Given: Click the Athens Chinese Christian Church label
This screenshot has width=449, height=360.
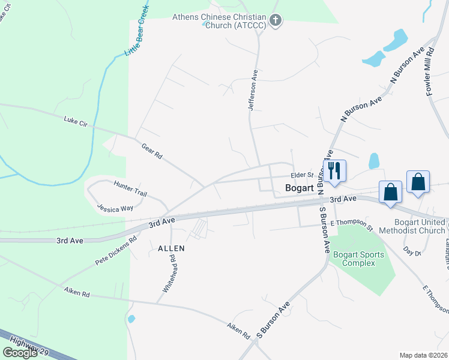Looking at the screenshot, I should point(219,21).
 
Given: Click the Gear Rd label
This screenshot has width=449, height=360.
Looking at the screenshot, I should point(152,151).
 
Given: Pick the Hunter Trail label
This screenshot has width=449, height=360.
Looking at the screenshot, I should point(130,189).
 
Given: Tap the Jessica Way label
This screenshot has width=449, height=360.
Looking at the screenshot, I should point(116,208).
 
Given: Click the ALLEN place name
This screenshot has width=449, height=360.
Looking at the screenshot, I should point(171,248).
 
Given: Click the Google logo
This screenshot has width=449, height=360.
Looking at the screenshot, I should point(20,353).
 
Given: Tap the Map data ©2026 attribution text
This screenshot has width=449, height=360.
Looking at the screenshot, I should point(424,355).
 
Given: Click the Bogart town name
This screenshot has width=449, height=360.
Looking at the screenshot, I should point(299,188).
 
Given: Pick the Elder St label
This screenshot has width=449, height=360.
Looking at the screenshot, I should point(302,175).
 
